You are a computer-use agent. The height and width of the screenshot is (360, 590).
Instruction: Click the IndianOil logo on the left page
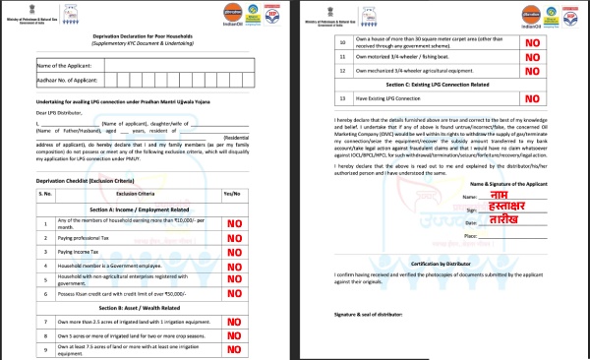pyautogui.click(x=219, y=15)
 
